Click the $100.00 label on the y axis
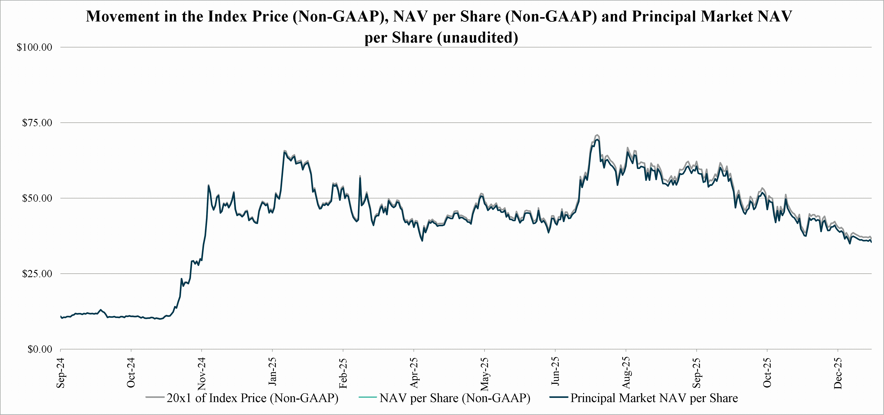[34, 47]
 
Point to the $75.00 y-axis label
[37, 123]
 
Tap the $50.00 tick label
[37, 198]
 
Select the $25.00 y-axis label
[37, 274]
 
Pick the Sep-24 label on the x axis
[61, 373]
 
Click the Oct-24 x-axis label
[131, 373]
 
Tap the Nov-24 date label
[202, 374]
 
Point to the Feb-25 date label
[343, 373]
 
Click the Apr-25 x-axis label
[414, 373]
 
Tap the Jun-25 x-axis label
[555, 372]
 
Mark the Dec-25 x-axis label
[838, 373]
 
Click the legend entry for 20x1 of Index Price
[252, 398]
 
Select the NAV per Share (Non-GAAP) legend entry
[455, 398]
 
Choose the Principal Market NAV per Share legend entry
[654, 398]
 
